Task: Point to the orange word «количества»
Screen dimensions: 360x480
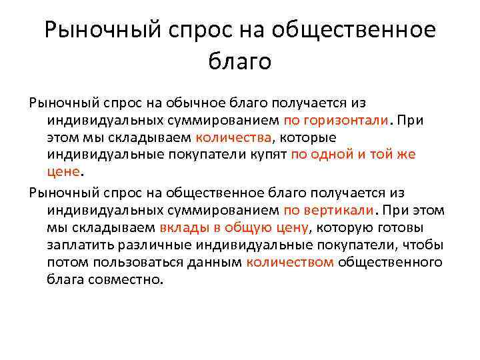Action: pos(234,137)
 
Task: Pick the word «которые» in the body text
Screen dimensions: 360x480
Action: pos(307,137)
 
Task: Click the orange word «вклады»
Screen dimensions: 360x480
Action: pos(181,228)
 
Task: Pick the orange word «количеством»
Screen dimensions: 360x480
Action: pos(290,263)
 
